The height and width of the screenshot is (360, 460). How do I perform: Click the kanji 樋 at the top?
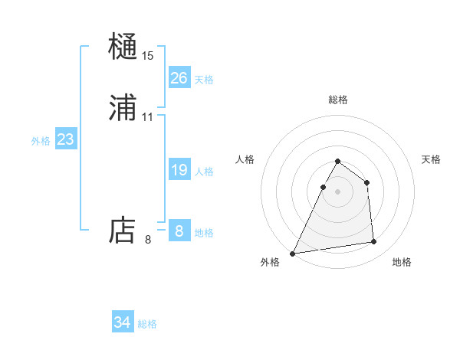coord(123,47)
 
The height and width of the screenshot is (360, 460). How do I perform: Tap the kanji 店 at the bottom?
coord(123,231)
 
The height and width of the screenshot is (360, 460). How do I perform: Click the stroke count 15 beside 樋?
coord(148,56)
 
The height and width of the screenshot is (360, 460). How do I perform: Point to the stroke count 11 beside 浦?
coord(148,117)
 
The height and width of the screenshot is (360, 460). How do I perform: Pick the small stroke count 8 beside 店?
coord(148,240)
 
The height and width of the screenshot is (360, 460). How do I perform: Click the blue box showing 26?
coord(179,78)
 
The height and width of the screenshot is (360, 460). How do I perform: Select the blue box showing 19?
coord(179,171)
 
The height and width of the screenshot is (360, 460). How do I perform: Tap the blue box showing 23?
coord(65,140)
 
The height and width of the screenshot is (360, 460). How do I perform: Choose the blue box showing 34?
coord(123,322)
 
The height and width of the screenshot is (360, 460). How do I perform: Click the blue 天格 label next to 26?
coord(204,80)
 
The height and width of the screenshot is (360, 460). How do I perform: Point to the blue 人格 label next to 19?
coord(204,172)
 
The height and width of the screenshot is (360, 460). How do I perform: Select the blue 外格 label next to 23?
coord(41,141)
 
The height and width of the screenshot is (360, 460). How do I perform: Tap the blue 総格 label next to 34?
coord(147,324)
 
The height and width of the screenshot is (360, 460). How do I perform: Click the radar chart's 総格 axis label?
coord(337,100)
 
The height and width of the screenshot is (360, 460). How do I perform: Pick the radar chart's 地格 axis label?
coord(402,262)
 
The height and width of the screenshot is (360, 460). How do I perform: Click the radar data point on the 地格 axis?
coord(374,242)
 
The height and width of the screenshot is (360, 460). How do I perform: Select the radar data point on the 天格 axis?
coord(367,182)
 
